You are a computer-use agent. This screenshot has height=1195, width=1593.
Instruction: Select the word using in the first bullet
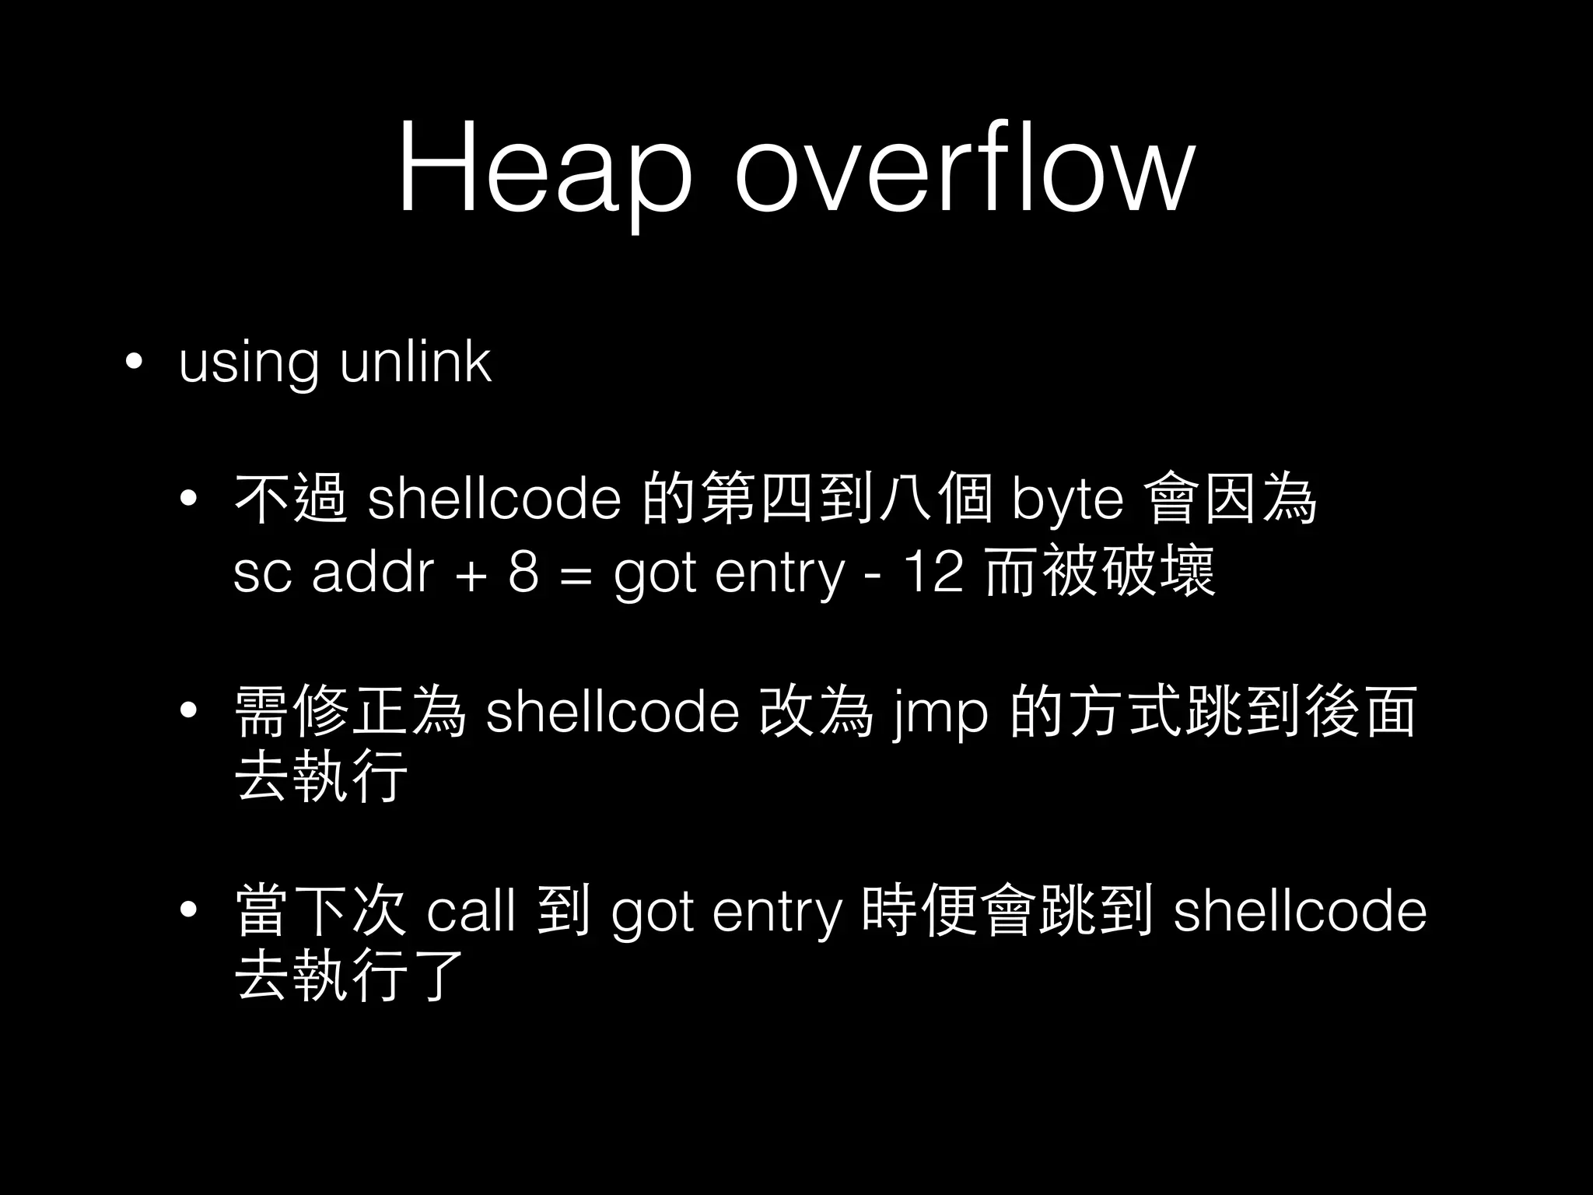tap(248, 363)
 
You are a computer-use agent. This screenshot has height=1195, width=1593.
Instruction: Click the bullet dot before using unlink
tap(135, 362)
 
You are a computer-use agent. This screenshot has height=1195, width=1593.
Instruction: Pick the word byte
tap(1067, 501)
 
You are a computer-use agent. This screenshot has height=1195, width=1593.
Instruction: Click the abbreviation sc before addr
tap(261, 574)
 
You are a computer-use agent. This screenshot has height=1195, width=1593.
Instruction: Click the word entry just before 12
tap(779, 574)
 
